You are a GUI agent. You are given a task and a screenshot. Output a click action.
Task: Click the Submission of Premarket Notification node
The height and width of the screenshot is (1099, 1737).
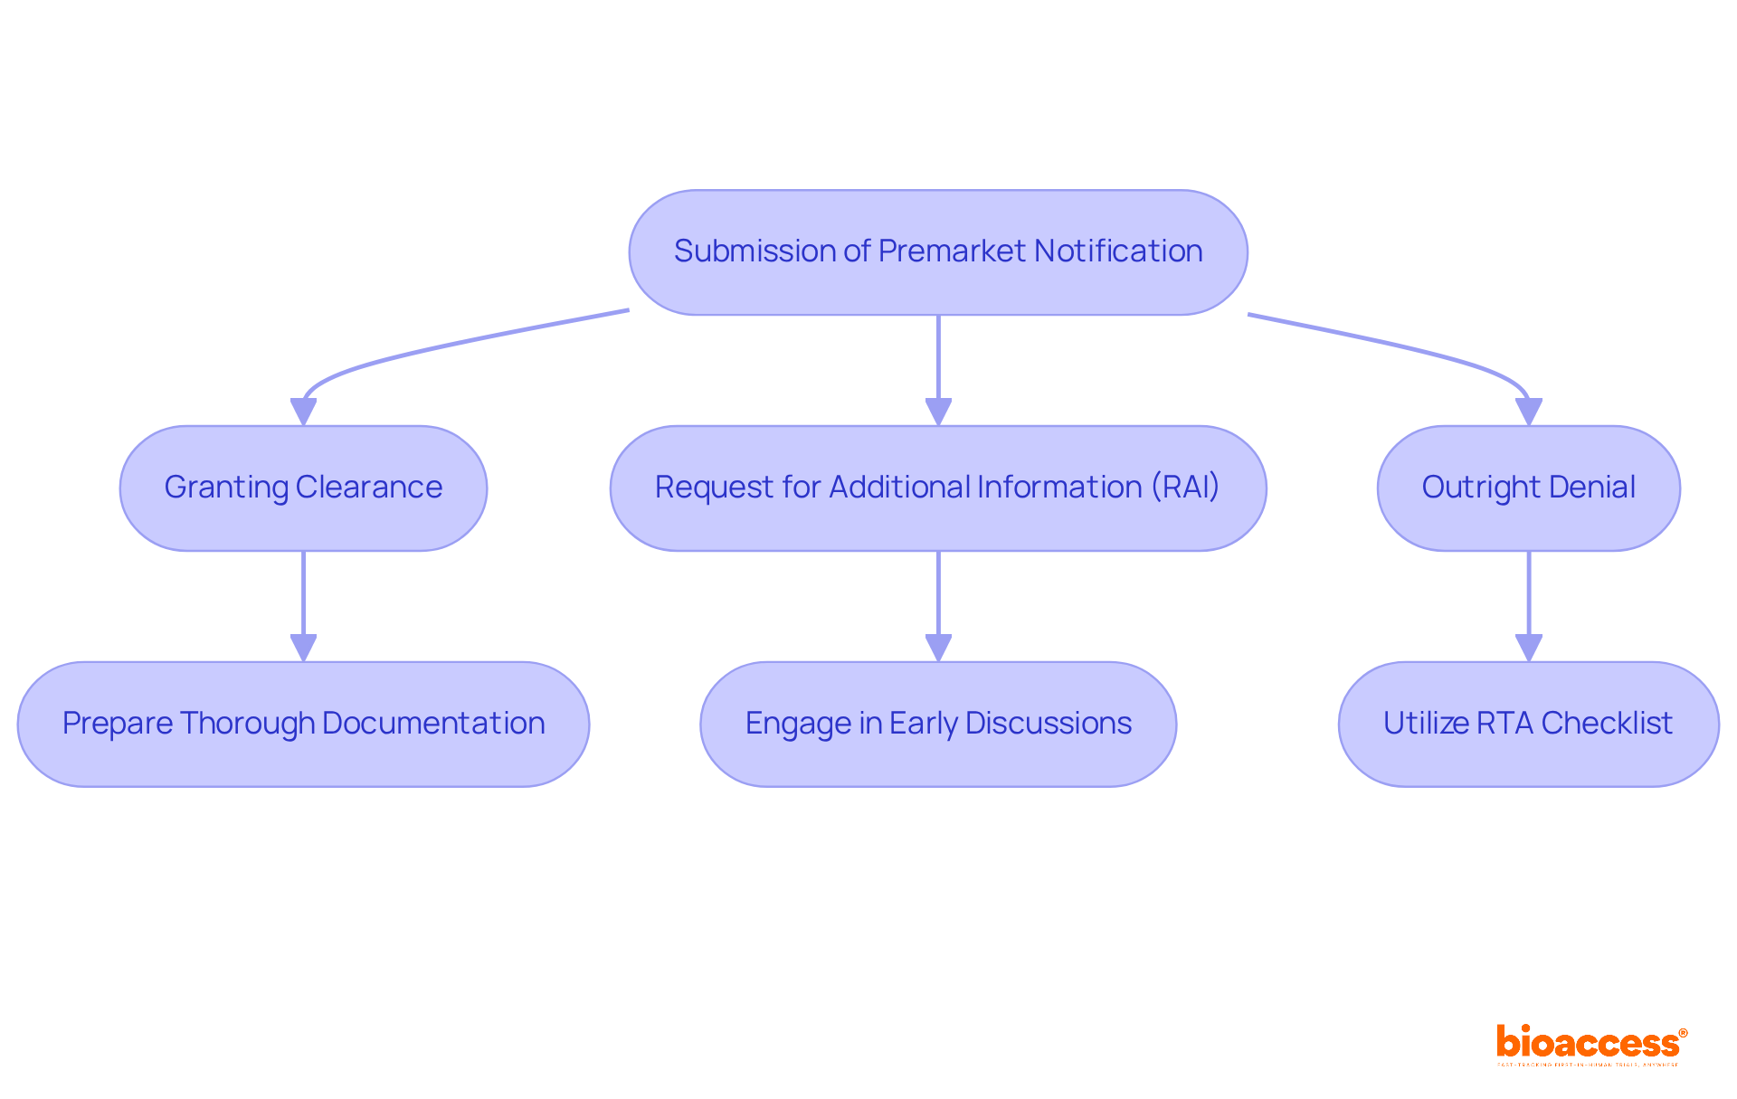pos(938,252)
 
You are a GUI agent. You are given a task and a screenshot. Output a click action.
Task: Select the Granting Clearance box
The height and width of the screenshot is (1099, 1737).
pos(303,488)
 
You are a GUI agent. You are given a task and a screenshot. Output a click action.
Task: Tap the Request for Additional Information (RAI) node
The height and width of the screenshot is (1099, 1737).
pos(938,488)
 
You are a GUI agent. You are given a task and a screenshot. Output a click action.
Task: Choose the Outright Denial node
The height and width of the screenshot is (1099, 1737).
pos(1528,488)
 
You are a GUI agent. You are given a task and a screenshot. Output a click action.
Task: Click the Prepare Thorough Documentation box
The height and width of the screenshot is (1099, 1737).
pos(303,725)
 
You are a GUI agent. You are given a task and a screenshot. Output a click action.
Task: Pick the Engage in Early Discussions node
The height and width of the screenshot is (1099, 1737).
pos(938,725)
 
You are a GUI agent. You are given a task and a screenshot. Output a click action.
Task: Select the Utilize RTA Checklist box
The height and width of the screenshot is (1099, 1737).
pos(1528,725)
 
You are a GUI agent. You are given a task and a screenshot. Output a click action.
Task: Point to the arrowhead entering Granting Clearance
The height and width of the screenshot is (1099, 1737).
pos(303,412)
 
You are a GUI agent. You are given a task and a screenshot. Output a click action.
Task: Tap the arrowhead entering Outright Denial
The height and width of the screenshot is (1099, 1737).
pos(1528,412)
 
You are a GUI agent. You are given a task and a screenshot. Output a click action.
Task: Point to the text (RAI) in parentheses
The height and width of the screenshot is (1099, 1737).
pos(1185,488)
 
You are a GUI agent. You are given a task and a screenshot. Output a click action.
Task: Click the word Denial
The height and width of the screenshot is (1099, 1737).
pos(1593,488)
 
